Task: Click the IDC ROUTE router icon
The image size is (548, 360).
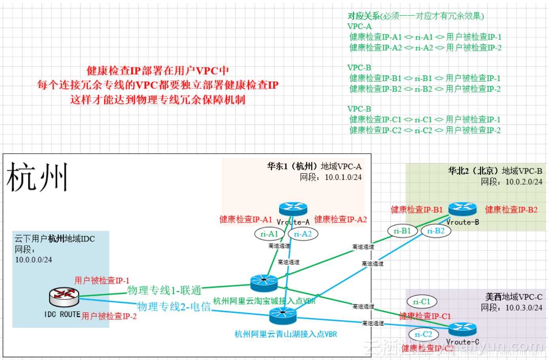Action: click(64, 297)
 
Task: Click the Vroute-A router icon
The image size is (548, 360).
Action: click(293, 209)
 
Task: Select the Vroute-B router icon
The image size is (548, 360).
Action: click(462, 209)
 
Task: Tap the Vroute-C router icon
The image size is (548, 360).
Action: click(462, 329)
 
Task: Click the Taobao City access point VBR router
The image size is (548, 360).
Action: click(264, 283)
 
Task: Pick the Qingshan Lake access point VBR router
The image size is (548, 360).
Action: click(283, 315)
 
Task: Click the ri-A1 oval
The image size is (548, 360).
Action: click(269, 234)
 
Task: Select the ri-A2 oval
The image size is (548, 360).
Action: click(303, 234)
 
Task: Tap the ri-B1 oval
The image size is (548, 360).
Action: click(402, 231)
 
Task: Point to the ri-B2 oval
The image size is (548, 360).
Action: click(436, 231)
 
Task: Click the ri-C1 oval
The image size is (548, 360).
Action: click(422, 302)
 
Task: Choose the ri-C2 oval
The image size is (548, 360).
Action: click(423, 334)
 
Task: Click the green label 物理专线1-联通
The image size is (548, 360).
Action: click(164, 290)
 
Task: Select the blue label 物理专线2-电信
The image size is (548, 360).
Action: click(174, 307)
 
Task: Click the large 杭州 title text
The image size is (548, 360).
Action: click(37, 177)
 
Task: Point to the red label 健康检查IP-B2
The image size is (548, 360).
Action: click(511, 210)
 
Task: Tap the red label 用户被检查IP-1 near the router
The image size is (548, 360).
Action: click(102, 281)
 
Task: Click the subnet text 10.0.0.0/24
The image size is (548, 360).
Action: click(34, 260)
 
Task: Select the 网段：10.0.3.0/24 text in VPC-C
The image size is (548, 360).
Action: click(511, 307)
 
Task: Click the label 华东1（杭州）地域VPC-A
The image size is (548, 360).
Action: click(314, 166)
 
